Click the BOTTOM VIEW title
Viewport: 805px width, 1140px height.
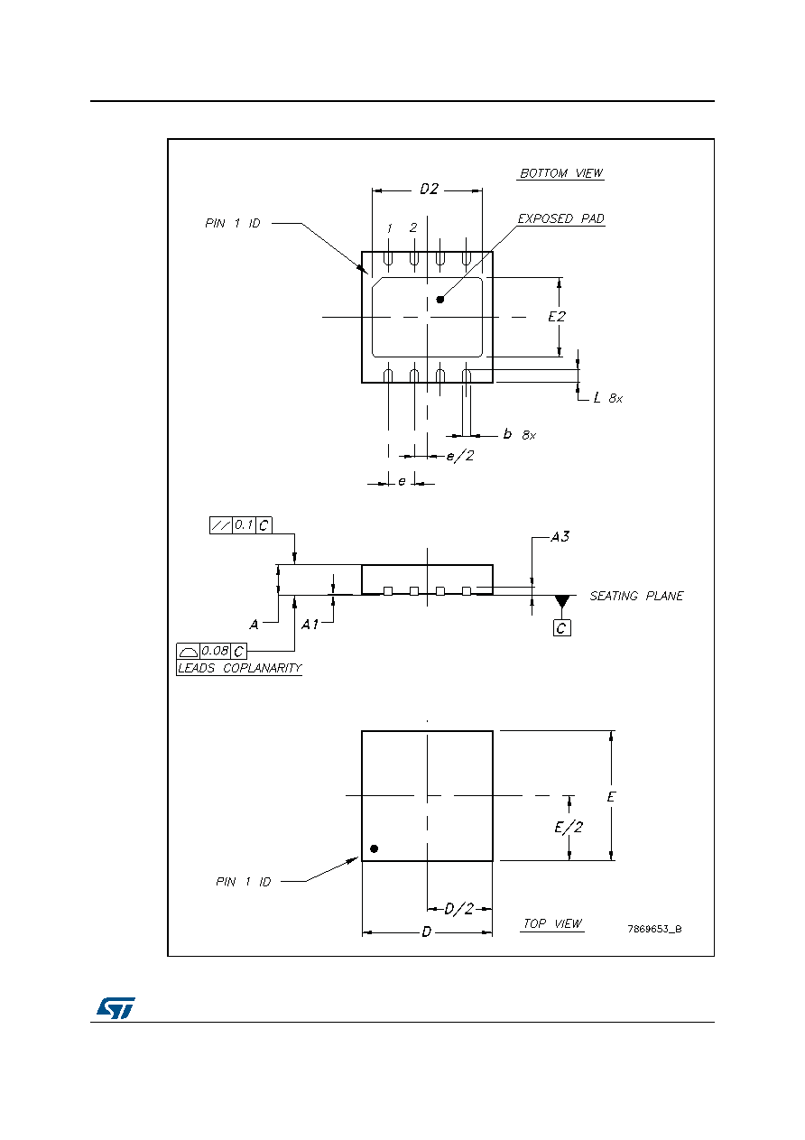point(560,173)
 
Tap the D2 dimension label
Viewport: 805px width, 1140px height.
point(429,190)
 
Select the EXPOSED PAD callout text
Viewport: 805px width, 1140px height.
point(560,218)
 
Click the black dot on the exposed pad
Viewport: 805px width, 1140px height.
point(440,300)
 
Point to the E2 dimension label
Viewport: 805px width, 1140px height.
point(557,317)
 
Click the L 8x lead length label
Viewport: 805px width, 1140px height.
point(608,397)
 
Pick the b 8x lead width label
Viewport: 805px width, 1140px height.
point(520,434)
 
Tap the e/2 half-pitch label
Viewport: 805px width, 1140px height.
point(460,456)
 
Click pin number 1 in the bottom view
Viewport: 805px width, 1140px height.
point(389,228)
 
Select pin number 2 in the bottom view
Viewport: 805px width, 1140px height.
point(413,227)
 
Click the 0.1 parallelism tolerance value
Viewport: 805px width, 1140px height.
point(244,524)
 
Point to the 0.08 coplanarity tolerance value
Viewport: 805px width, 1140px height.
point(215,651)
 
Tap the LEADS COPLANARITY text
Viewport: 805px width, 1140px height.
point(239,668)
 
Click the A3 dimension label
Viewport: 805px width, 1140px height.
point(560,536)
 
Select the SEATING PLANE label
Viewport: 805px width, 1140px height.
point(636,596)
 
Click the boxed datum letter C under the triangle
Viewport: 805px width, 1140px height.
point(561,627)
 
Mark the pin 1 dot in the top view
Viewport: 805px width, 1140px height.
point(374,848)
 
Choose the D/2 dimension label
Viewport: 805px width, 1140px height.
point(459,908)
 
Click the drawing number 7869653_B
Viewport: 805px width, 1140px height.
point(654,929)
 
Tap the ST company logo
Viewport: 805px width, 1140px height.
point(116,1007)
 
